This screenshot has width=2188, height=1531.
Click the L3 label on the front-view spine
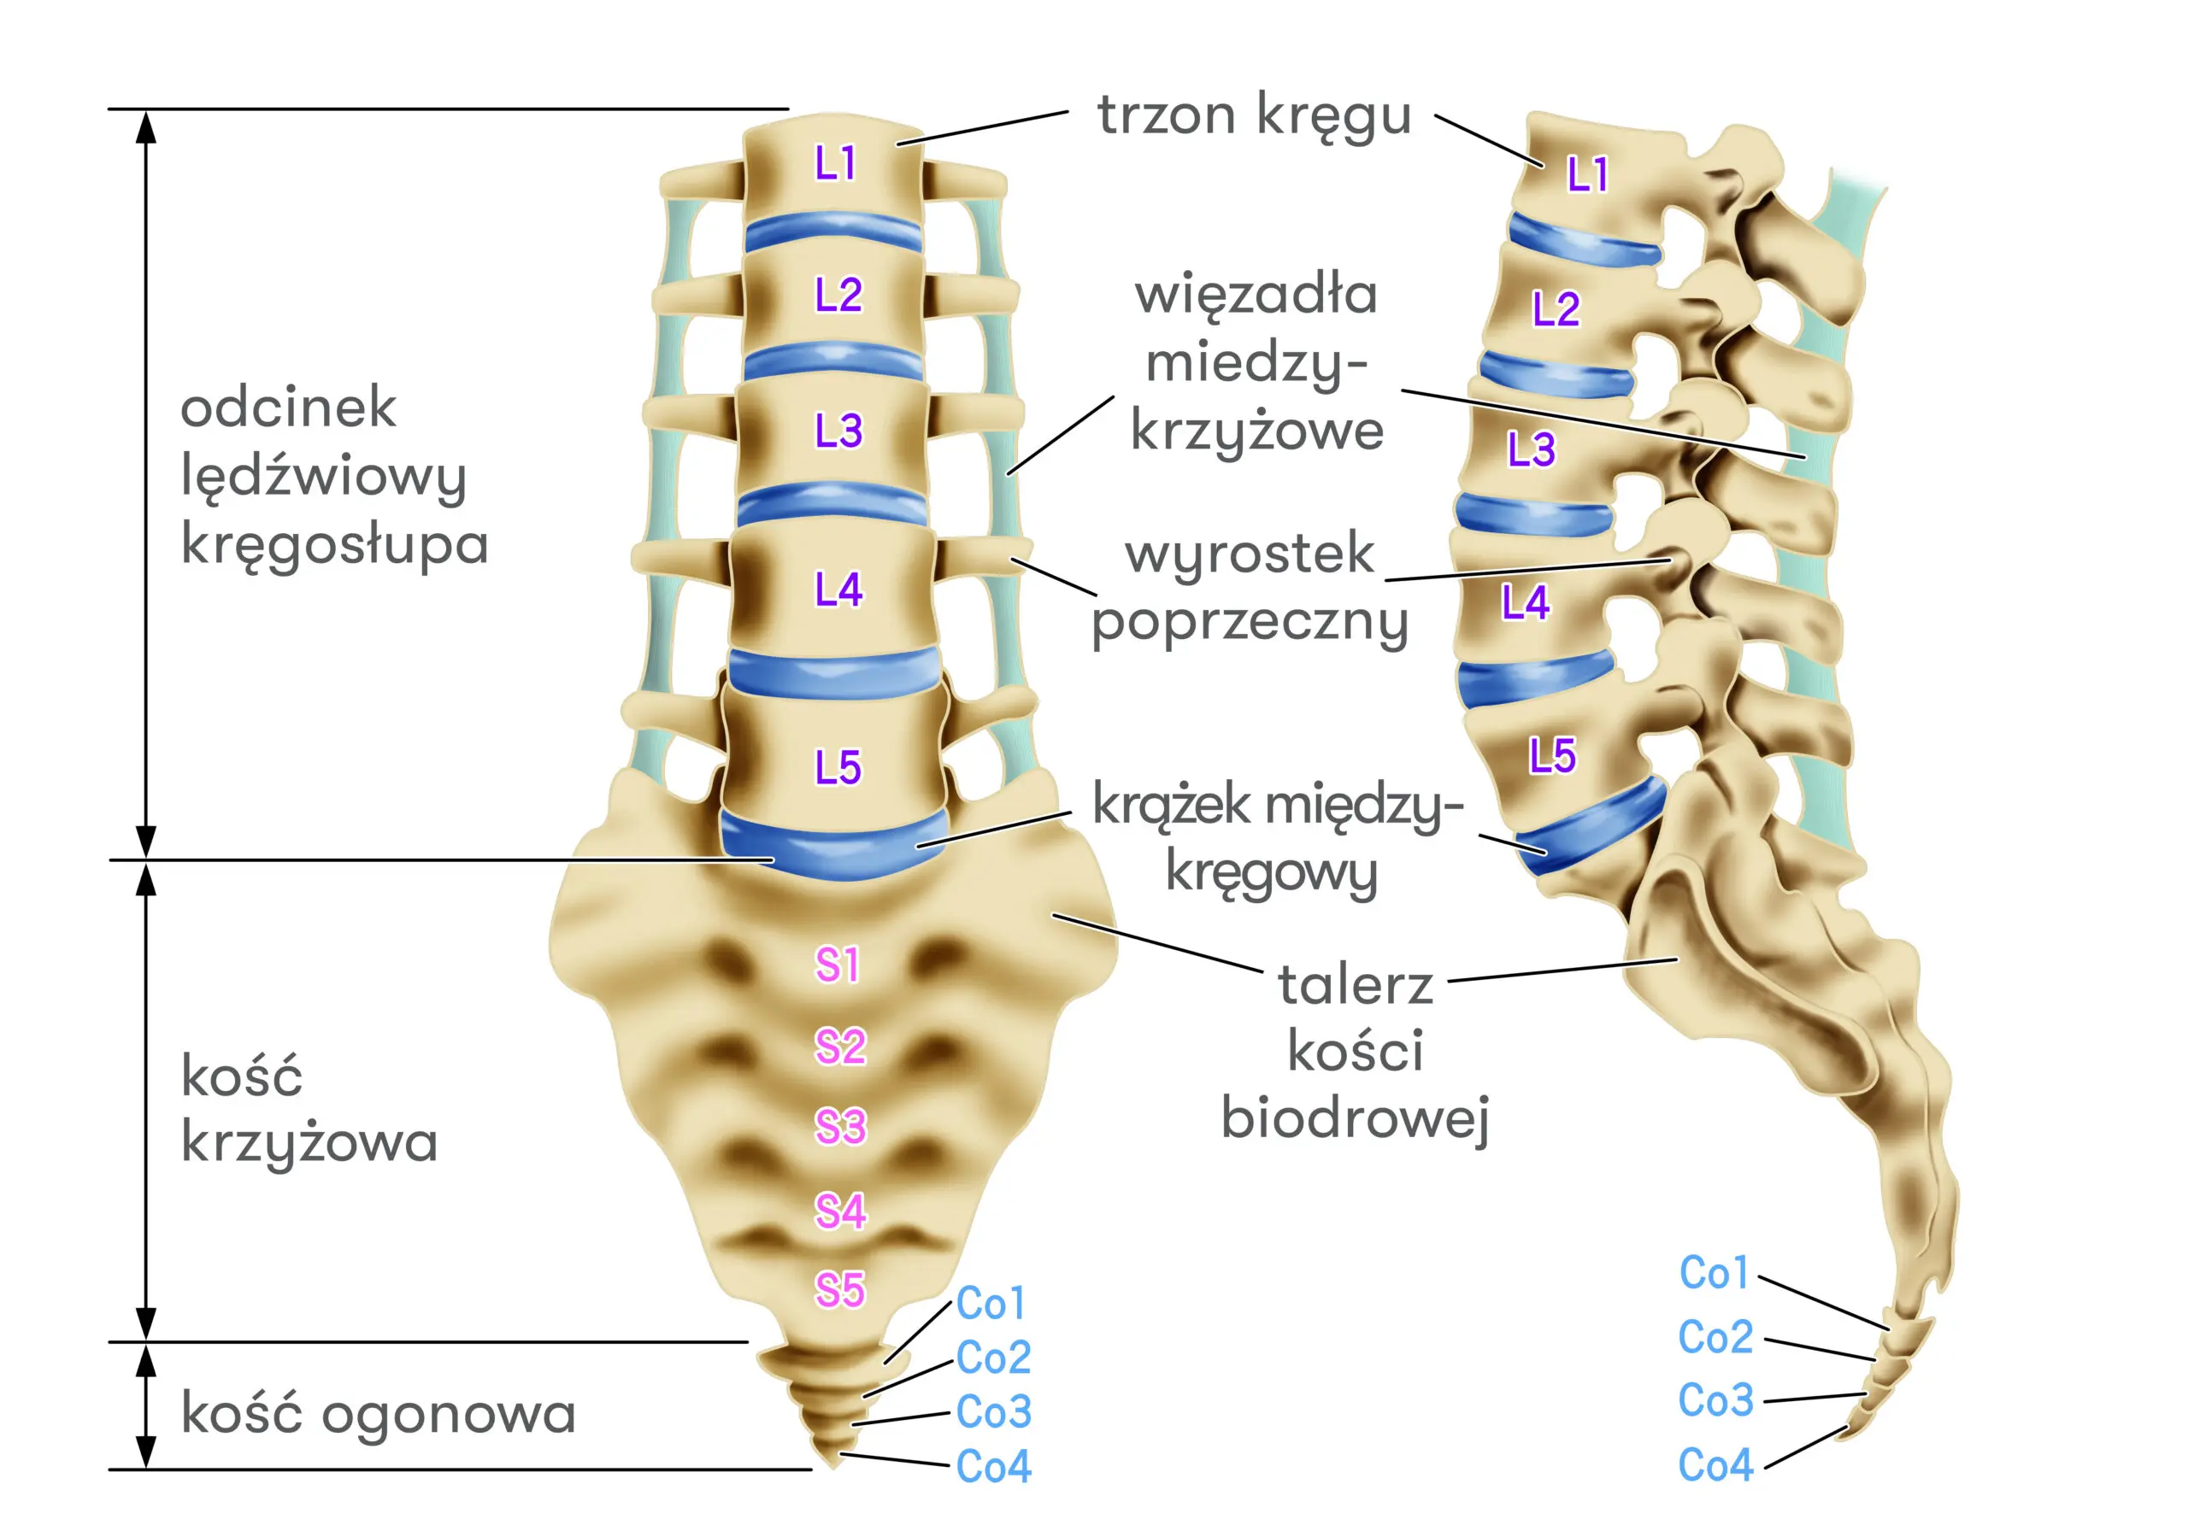[x=838, y=431]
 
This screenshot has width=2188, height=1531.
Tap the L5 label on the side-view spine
[x=1552, y=755]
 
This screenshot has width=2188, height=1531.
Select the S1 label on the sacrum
[x=838, y=965]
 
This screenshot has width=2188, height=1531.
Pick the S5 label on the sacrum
[x=839, y=1290]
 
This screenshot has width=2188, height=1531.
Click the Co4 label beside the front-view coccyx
[x=993, y=1466]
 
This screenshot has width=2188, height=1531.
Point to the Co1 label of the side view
[x=1714, y=1273]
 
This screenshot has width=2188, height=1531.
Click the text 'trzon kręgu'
[x=1253, y=115]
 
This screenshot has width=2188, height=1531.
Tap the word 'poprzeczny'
[x=1250, y=623]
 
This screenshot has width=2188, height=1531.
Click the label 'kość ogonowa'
[x=379, y=1413]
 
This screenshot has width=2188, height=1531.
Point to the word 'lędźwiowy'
[x=324, y=477]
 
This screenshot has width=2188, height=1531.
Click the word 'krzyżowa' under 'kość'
[x=309, y=1141]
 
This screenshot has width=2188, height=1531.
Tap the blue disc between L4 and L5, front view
[x=834, y=672]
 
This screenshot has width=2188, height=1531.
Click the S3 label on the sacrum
[x=839, y=1127]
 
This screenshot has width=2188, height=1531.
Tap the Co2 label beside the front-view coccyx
[x=993, y=1357]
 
